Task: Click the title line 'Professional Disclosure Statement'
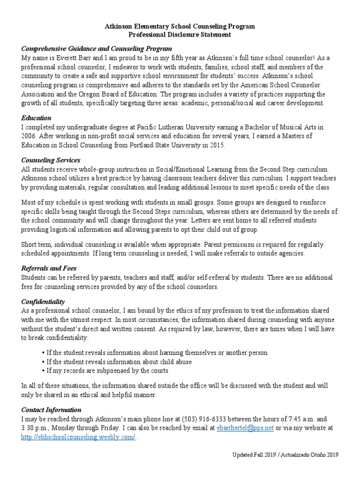coord(180,35)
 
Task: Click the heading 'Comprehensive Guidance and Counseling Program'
coord(97,49)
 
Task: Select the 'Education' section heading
coord(36,118)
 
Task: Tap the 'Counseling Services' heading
coord(51,160)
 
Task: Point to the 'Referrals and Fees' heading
coord(49,268)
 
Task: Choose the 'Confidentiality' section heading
coord(43,301)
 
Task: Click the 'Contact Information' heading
coord(51,410)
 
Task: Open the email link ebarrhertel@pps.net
coord(245,428)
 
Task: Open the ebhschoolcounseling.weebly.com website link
coord(78,437)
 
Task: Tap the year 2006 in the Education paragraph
coord(30,136)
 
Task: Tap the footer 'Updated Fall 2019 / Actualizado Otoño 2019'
coord(285,455)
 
